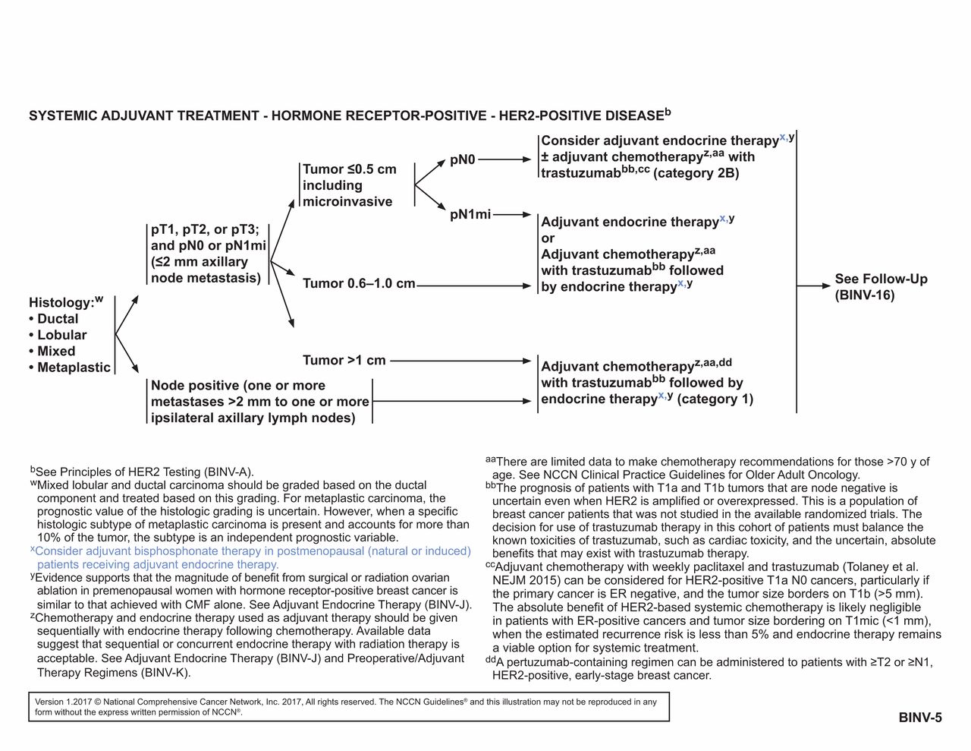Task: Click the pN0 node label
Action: tap(462, 160)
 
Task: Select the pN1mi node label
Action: tap(470, 215)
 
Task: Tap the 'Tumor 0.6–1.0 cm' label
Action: tap(359, 284)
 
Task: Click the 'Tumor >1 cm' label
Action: tap(344, 361)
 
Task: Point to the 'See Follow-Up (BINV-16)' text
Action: tap(881, 287)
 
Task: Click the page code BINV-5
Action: tap(920, 718)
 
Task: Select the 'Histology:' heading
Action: tap(61, 302)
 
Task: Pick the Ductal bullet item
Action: tap(57, 319)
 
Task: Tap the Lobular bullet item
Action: tap(61, 335)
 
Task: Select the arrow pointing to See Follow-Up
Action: tap(814, 286)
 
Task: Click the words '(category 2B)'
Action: tap(696, 173)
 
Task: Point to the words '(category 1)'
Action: tap(715, 399)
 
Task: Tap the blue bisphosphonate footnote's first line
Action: tap(253, 551)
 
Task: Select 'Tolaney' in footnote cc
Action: tap(865, 567)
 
